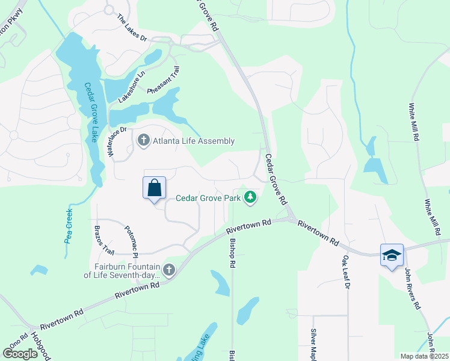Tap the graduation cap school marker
[x=391, y=256]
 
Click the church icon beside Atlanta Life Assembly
[x=143, y=141]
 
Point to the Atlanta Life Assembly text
[x=193, y=141]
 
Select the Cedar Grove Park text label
[x=208, y=197]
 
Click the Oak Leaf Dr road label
[x=345, y=273]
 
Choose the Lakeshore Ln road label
[x=132, y=87]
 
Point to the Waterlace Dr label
[x=118, y=142]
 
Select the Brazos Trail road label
[x=103, y=240]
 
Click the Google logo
[x=20, y=354]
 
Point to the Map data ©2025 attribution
[x=424, y=356]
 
